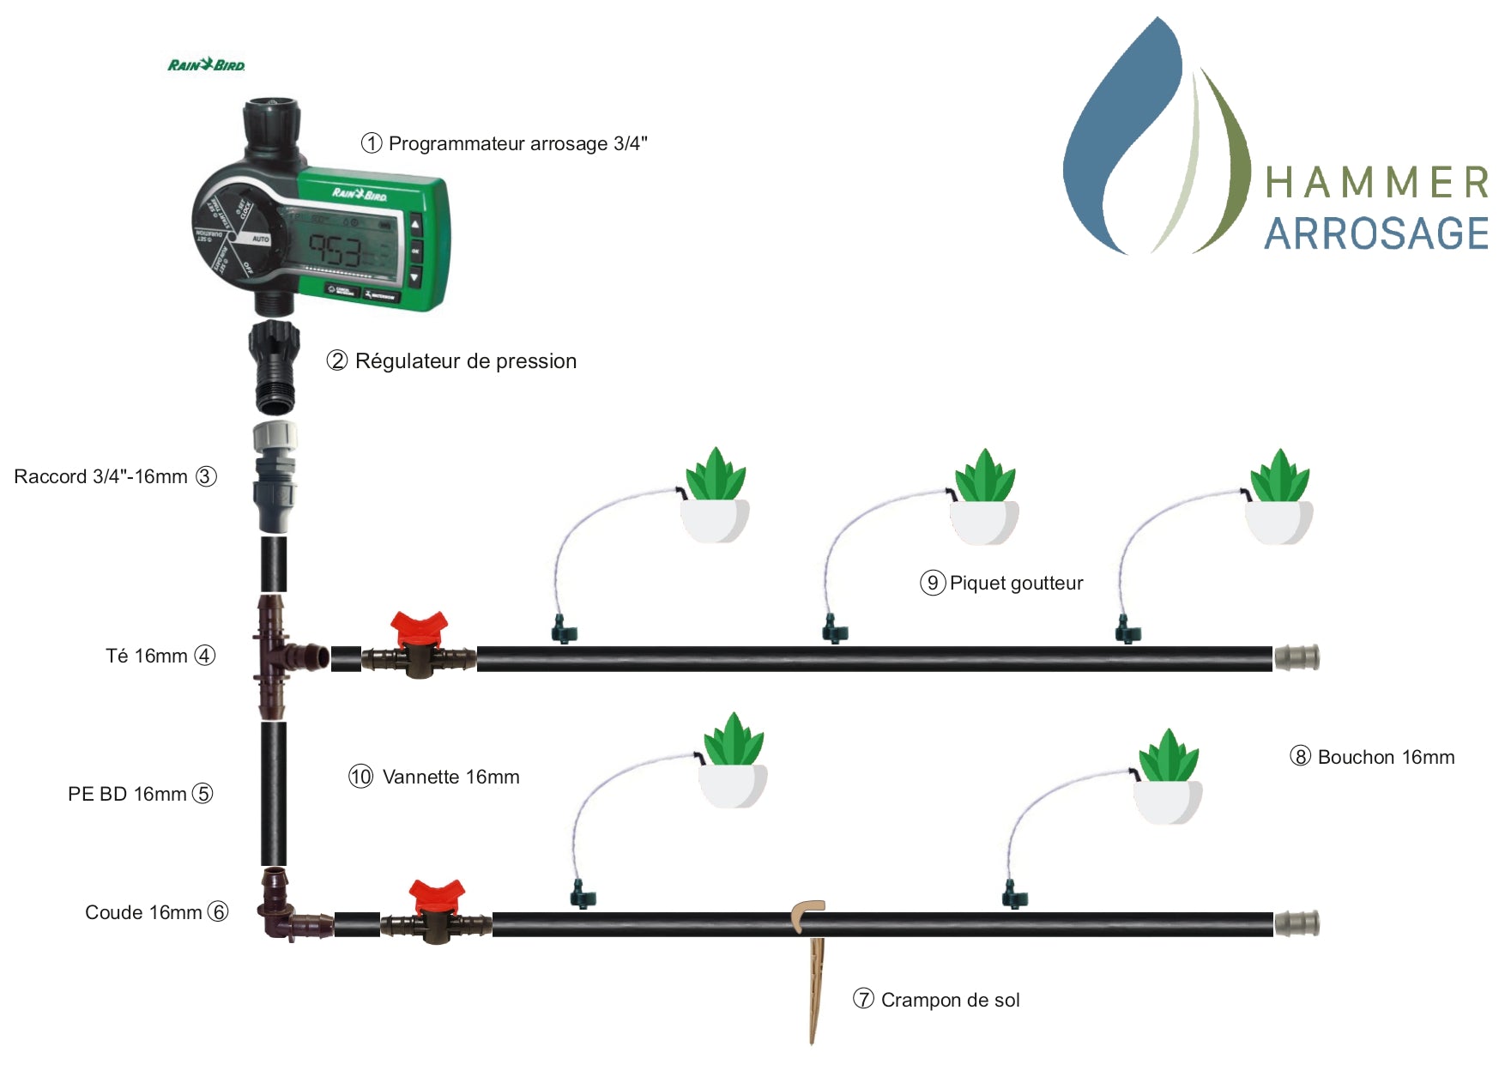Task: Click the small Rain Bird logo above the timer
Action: point(206,65)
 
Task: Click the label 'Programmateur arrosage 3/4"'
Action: point(517,143)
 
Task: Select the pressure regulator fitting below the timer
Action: point(275,366)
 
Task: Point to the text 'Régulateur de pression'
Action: point(466,361)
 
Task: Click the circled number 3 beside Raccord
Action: point(206,476)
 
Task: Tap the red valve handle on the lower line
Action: point(437,895)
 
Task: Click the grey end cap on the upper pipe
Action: point(1296,658)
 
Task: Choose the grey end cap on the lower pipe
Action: point(1296,923)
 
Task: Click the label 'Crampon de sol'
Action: point(950,1000)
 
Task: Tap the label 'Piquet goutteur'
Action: point(1016,584)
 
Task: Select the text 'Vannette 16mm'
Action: point(450,778)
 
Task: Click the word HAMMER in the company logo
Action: point(1376,183)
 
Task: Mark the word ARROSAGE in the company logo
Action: point(1376,233)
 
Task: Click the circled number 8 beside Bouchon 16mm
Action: point(1301,757)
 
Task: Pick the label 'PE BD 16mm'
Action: point(127,794)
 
